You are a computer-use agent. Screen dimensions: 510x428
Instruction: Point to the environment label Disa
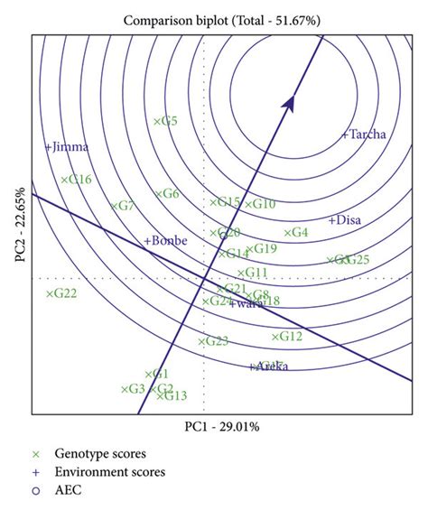click(345, 219)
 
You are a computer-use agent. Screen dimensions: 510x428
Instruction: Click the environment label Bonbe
click(165, 241)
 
